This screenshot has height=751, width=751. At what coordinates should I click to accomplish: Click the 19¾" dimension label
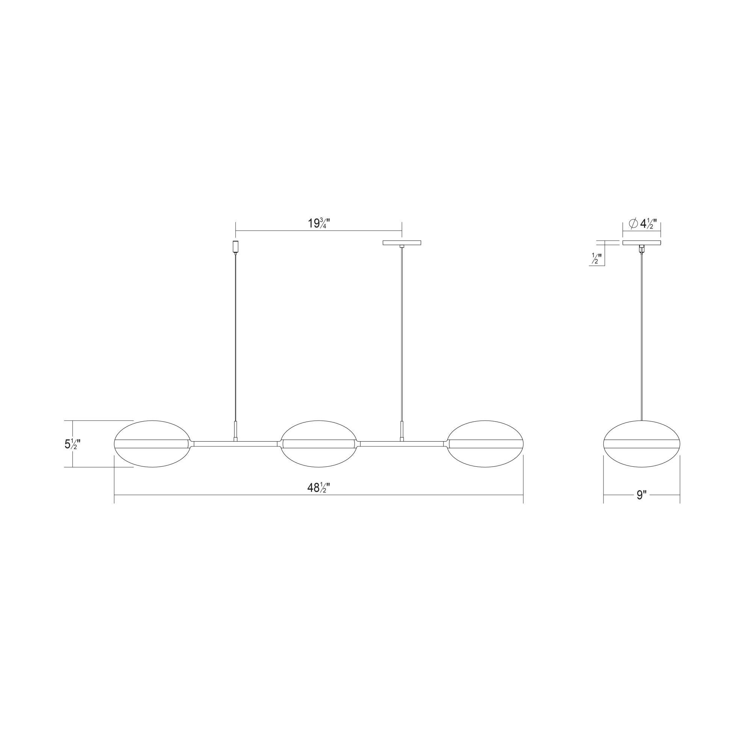[319, 223]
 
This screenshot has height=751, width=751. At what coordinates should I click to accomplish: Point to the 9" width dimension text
[641, 495]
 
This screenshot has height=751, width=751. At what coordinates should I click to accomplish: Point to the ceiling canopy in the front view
[402, 243]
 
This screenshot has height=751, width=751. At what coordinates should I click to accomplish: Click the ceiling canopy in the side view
[642, 243]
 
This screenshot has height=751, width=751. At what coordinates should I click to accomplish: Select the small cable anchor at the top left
[235, 246]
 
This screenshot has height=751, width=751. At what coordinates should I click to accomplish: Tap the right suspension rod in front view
[402, 334]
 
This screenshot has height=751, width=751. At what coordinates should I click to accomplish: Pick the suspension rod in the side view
[641, 334]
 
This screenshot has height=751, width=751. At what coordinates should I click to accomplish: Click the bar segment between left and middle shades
[235, 443]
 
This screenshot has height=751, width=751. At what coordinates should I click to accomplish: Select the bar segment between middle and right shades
[402, 443]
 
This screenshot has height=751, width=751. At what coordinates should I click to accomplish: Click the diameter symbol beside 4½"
[632, 223]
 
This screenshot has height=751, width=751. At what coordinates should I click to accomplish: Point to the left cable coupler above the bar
[235, 431]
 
